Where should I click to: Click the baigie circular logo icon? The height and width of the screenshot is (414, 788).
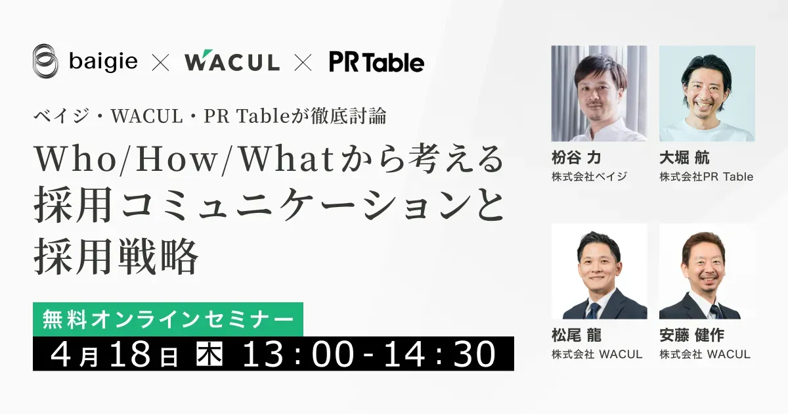point(45,61)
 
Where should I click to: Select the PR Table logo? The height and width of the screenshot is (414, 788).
point(377,62)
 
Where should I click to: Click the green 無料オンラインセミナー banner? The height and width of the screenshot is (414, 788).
point(168,319)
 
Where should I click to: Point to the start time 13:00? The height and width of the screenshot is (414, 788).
point(298,354)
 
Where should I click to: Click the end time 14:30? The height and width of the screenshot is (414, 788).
point(440,354)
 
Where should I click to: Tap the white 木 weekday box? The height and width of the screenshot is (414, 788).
point(209,354)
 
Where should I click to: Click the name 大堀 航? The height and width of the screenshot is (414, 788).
point(684,157)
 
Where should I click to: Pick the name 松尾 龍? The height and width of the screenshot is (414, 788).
point(577,334)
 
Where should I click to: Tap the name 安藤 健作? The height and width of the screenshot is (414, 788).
point(691,334)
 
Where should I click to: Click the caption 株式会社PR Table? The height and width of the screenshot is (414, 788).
point(707,177)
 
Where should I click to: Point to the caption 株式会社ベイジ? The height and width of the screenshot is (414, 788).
point(589,177)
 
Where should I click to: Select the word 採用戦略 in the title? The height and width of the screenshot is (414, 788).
point(116,256)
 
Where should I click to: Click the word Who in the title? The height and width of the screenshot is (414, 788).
point(76,160)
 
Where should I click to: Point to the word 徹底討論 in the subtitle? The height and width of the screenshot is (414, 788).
point(348,116)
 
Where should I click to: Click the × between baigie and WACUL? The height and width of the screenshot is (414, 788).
point(160,62)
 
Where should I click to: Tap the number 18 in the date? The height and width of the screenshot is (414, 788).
point(131,354)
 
